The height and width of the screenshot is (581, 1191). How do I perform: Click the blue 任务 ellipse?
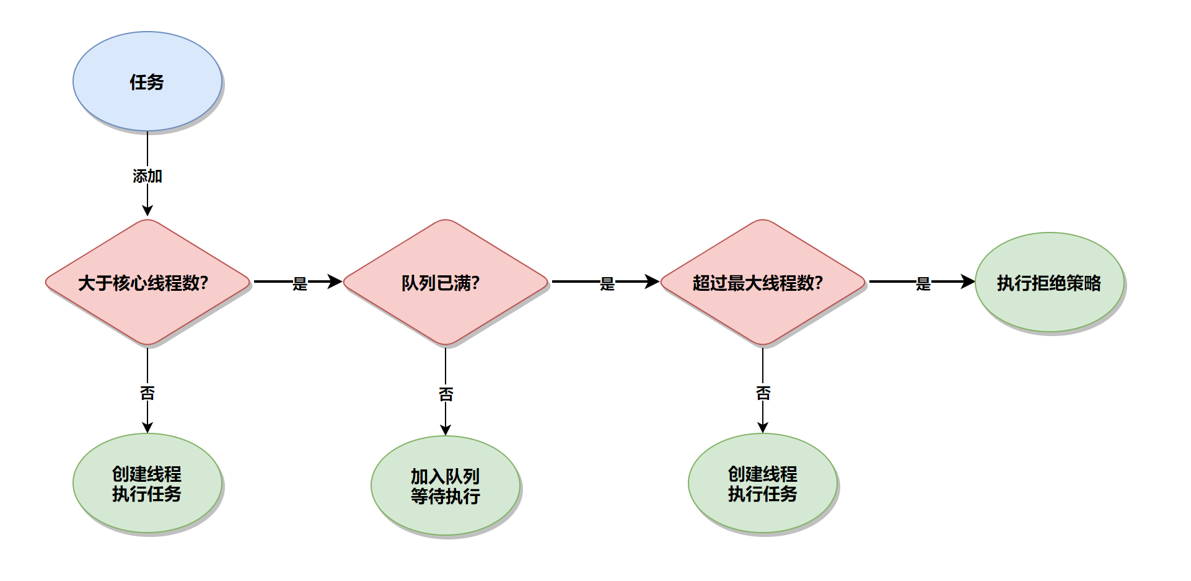(x=147, y=81)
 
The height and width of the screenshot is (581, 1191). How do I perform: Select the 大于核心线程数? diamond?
(x=147, y=282)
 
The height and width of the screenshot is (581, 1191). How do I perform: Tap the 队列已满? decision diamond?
(x=446, y=282)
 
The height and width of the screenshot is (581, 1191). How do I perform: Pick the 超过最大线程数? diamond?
(x=762, y=282)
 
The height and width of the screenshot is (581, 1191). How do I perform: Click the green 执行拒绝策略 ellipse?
(x=1049, y=282)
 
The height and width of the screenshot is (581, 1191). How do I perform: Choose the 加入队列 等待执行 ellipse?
(x=446, y=486)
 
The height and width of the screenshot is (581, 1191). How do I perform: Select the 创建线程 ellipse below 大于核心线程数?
(x=147, y=483)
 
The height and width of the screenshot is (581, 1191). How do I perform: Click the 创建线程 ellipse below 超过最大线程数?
(x=762, y=483)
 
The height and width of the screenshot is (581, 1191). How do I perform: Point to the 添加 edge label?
(x=147, y=176)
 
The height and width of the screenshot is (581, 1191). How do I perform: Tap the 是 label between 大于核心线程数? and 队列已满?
(x=300, y=283)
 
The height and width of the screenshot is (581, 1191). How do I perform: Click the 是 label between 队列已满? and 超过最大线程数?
(x=607, y=283)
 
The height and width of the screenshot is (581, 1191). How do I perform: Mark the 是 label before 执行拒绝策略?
(x=923, y=283)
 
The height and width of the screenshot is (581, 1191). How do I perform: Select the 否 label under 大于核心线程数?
(x=147, y=393)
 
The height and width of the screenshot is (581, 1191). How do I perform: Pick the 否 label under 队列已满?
(x=446, y=394)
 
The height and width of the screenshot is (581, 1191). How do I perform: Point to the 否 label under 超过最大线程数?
(x=763, y=393)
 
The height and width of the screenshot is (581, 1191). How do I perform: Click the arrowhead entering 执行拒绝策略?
(x=967, y=282)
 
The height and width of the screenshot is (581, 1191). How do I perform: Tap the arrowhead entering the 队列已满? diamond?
(x=335, y=282)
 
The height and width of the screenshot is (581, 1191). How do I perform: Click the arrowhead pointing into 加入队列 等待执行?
(x=446, y=429)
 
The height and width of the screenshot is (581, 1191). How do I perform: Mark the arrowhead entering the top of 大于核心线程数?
(x=147, y=210)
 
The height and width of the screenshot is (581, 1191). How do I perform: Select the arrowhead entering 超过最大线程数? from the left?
(x=652, y=282)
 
